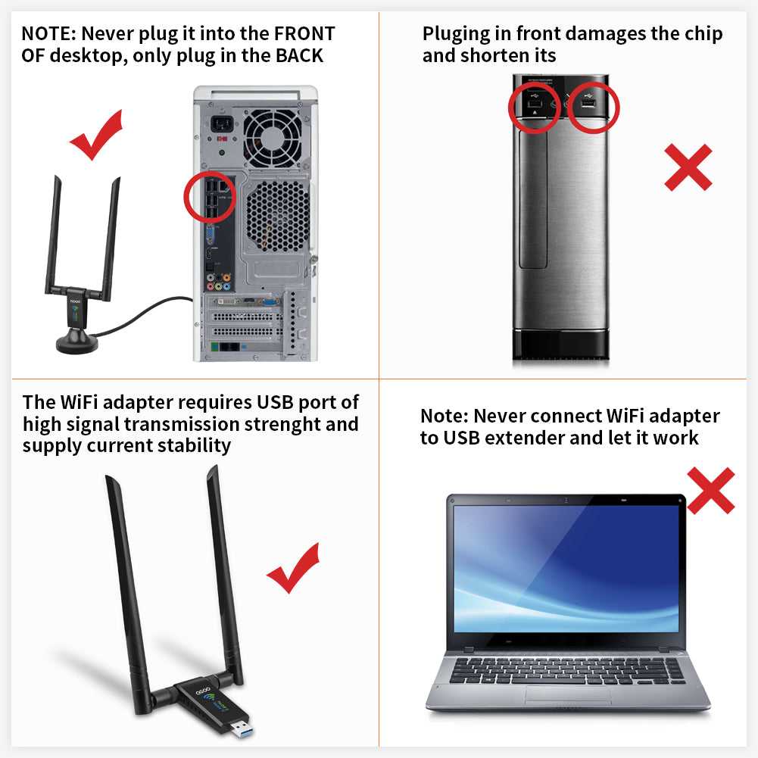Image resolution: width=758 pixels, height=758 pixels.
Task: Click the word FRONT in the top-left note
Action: (x=304, y=33)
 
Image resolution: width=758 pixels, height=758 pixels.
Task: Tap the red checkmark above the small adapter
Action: (x=96, y=135)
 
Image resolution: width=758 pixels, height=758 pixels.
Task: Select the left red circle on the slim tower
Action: (x=533, y=106)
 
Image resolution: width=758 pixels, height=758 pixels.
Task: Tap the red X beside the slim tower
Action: (x=688, y=167)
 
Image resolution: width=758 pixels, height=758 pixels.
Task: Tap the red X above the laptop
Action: (x=710, y=490)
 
